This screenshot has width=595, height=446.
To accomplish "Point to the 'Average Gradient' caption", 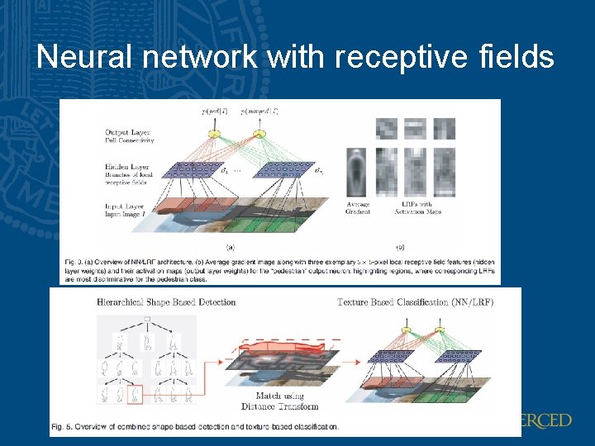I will (x=357, y=208).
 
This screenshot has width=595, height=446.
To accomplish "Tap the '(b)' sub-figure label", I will (x=399, y=246).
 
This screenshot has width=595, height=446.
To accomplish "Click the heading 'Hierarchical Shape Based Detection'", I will (x=166, y=301).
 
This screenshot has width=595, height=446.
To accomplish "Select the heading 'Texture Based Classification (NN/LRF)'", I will (x=415, y=301).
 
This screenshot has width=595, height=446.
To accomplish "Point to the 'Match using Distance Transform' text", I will (x=281, y=401).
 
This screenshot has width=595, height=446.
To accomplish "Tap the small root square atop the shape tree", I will (x=147, y=319).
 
